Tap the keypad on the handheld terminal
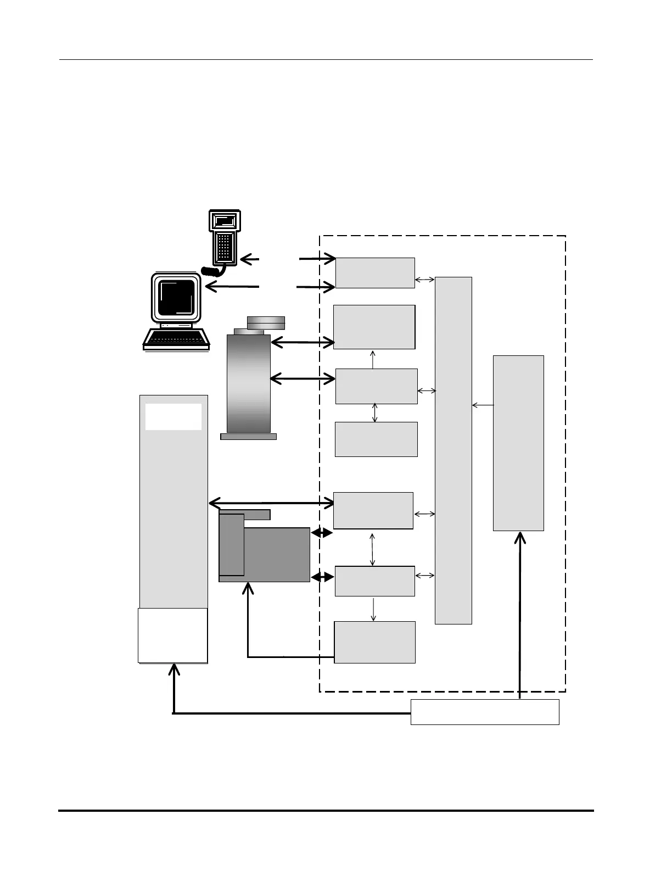[x=224, y=247]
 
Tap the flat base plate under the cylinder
[x=248, y=437]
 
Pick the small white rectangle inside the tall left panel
[x=173, y=417]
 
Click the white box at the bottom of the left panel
[x=173, y=635]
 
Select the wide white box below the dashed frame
[x=485, y=712]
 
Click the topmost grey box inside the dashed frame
[x=375, y=272]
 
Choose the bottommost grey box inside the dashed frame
[x=374, y=642]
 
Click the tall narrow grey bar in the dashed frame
[x=453, y=450]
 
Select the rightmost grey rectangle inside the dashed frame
[x=518, y=443]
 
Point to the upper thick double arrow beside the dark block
[x=322, y=533]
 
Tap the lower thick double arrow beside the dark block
[x=322, y=577]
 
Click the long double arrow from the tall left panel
[x=272, y=503]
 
